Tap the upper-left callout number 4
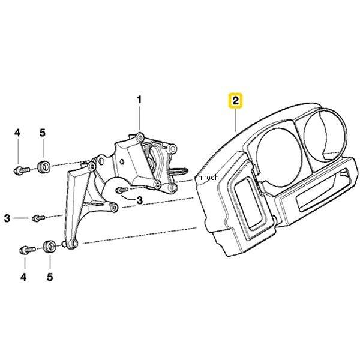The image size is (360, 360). coord(17,132)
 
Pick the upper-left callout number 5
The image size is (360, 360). coord(43,132)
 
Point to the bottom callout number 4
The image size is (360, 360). coord(24,277)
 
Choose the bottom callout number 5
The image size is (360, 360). coord(50,277)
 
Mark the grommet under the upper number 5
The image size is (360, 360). coord(44,166)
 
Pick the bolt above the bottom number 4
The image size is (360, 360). coord(26,248)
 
